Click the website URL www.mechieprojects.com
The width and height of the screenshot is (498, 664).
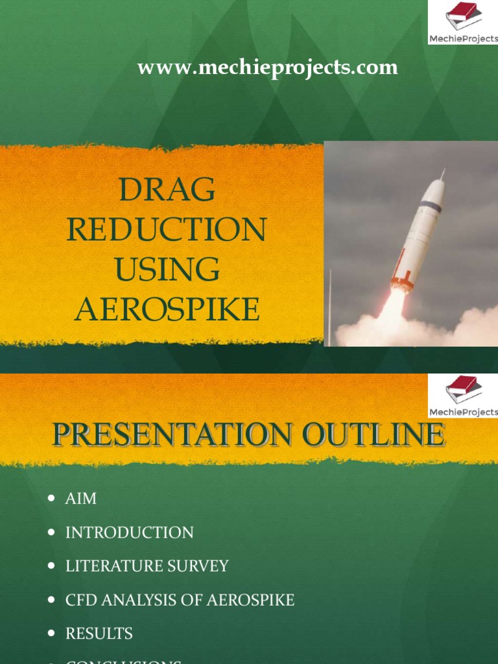267,67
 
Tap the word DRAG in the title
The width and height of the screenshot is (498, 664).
167,190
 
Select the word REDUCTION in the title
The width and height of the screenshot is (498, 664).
167,230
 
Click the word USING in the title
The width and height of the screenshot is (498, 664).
167,270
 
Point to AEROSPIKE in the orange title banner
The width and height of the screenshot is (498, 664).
167,310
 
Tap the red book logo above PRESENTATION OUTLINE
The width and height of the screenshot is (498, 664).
462,389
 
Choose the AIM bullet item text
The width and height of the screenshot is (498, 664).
81,499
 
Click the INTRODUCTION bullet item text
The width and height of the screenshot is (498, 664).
129,532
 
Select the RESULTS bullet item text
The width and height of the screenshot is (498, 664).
99,634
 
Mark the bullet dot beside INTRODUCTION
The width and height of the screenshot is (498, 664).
52,532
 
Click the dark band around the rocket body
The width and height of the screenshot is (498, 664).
429,207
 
